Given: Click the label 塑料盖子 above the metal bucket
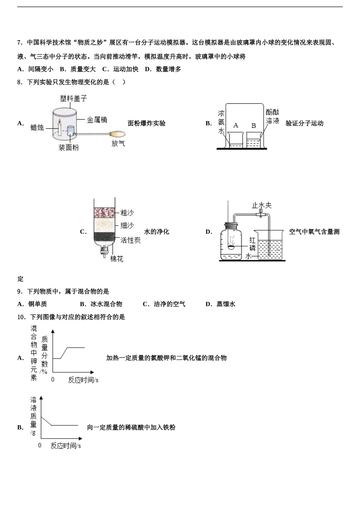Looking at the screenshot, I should coord(74,98).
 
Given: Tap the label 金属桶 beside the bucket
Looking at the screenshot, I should coord(97,120).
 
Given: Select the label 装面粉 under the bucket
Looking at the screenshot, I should coord(69,148).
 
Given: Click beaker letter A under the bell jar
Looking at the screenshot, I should coord(236,125).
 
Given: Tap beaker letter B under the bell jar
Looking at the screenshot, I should coord(254,126).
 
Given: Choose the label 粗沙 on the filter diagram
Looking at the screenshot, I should coord(127,213).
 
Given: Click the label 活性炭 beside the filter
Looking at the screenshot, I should coord(130,240).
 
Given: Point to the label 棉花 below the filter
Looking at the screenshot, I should coord(117,259).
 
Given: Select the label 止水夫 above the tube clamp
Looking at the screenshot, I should coord(262,205).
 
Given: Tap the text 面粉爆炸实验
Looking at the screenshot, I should coord(147,123).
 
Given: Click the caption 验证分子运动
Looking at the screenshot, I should coord(304,123).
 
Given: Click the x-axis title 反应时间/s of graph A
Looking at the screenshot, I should coord(83,380).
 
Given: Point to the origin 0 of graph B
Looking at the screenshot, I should coord(40,446).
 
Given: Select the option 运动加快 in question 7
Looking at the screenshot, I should coord(126,69).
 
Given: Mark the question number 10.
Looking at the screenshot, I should coord(21,317).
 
